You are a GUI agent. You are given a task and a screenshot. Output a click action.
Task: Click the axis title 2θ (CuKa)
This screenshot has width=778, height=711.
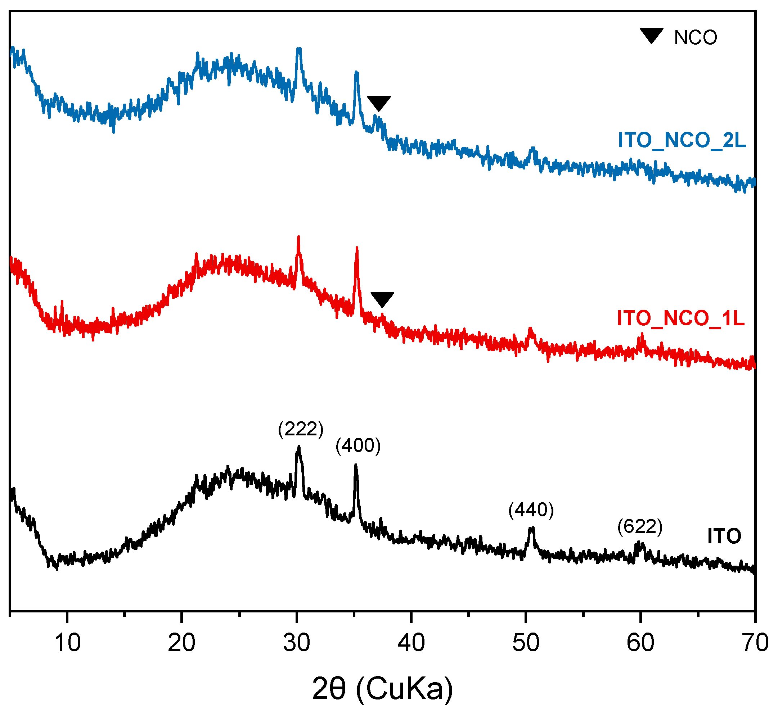coord(382,689)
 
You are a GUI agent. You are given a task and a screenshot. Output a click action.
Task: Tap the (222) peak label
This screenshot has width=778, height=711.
coord(301,429)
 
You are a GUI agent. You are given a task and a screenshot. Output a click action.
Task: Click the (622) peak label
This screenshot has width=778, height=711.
coord(640,527)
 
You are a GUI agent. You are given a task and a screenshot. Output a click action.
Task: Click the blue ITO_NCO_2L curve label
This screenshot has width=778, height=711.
coord(682,140)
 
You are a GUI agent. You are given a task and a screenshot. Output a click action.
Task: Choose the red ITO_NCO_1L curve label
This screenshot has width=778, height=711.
coord(681,319)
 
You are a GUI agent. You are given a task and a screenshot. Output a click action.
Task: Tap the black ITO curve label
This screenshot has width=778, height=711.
coord(724,536)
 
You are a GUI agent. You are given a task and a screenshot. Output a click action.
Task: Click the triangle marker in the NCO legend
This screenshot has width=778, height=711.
coord(652,36)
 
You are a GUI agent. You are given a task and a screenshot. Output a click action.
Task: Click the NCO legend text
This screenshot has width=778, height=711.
coord(696,38)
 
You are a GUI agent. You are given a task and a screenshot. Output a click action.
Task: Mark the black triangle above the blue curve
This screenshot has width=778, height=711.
coord(379,103)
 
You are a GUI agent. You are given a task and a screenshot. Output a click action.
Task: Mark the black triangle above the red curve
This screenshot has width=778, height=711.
coord(382,299)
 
